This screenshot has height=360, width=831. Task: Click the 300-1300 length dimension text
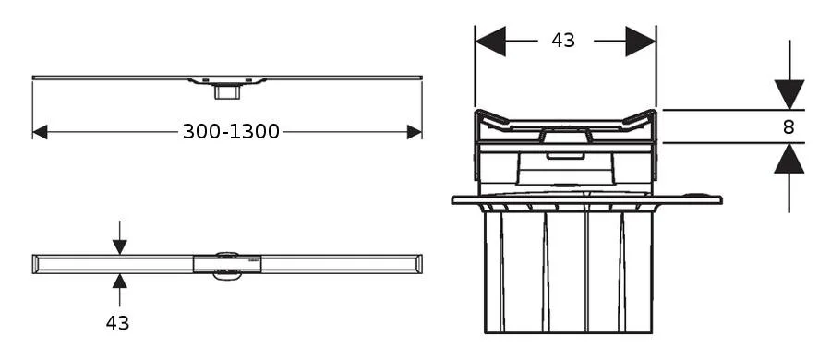tap(231, 132)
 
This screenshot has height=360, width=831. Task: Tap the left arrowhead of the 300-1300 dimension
tap(40, 132)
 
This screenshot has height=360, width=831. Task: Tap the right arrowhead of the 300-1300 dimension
tap(415, 132)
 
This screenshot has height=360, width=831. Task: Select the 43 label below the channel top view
tap(117, 323)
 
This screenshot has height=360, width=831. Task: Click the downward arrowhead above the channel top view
tap(119, 246)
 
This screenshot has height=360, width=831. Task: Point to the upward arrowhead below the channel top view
tap(119, 281)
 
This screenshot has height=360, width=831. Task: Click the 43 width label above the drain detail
tap(563, 41)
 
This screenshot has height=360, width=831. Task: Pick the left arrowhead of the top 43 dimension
tap(490, 41)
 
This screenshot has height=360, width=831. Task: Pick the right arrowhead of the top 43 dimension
tap(641, 41)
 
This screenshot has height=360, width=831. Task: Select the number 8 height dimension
tap(789, 127)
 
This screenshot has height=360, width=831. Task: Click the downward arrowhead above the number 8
tap(789, 94)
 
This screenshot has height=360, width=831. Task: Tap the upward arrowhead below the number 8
tap(789, 159)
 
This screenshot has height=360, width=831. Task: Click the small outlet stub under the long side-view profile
tap(226, 90)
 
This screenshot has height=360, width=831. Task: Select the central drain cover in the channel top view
tap(227, 263)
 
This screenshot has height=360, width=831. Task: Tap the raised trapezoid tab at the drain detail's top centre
tap(564, 137)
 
